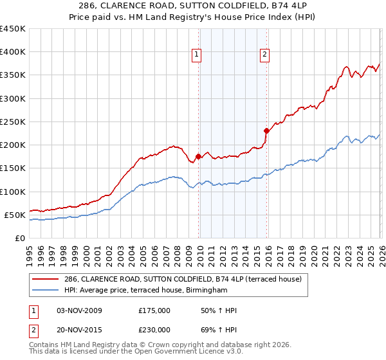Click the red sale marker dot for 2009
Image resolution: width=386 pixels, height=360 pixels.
point(198,156)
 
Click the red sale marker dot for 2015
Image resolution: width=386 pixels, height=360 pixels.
point(266,130)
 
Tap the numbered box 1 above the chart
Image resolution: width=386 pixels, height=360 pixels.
point(196,55)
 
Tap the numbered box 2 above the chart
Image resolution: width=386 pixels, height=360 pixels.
point(264,55)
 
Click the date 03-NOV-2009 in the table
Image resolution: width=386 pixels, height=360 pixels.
point(79,310)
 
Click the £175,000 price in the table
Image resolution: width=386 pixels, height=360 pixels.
point(154,310)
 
